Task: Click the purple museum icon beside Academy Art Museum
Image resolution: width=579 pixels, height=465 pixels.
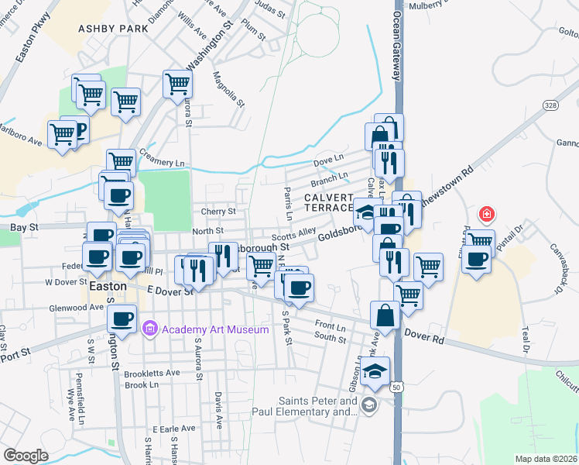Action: click(x=151, y=329)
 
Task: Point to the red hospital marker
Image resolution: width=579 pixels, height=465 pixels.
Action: click(x=486, y=213)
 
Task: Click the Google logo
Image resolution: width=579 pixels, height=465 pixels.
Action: click(x=26, y=456)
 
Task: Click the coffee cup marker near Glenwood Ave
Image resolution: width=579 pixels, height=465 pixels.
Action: click(x=122, y=317)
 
